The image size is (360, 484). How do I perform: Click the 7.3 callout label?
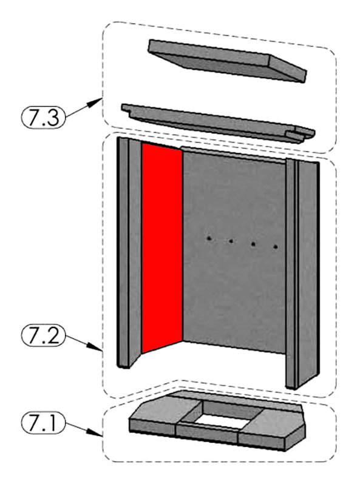click(43, 117)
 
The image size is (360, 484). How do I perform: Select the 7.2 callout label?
click(43, 335)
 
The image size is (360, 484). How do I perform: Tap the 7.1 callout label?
click(43, 423)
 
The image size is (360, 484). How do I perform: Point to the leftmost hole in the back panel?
click(209, 238)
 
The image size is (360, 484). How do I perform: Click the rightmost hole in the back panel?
click(276, 247)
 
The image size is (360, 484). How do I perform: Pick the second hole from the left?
click(231, 241)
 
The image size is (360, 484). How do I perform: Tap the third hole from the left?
click(253, 244)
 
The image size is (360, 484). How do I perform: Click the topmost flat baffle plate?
click(228, 60)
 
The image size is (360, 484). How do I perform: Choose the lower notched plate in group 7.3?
click(218, 123)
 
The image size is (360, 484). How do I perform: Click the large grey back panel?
click(234, 249)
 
